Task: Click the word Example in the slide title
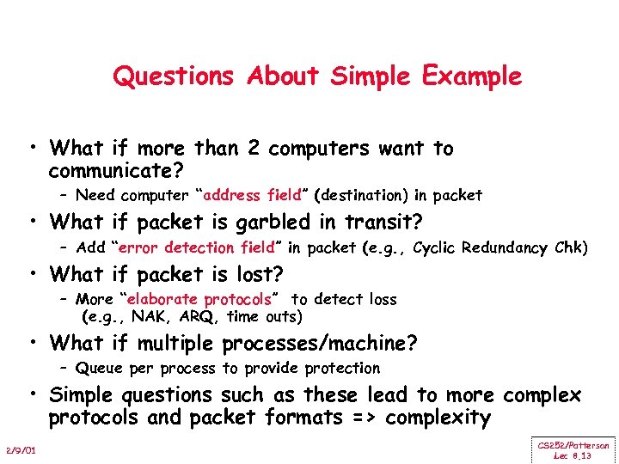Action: point(471,76)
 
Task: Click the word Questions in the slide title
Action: point(173,76)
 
